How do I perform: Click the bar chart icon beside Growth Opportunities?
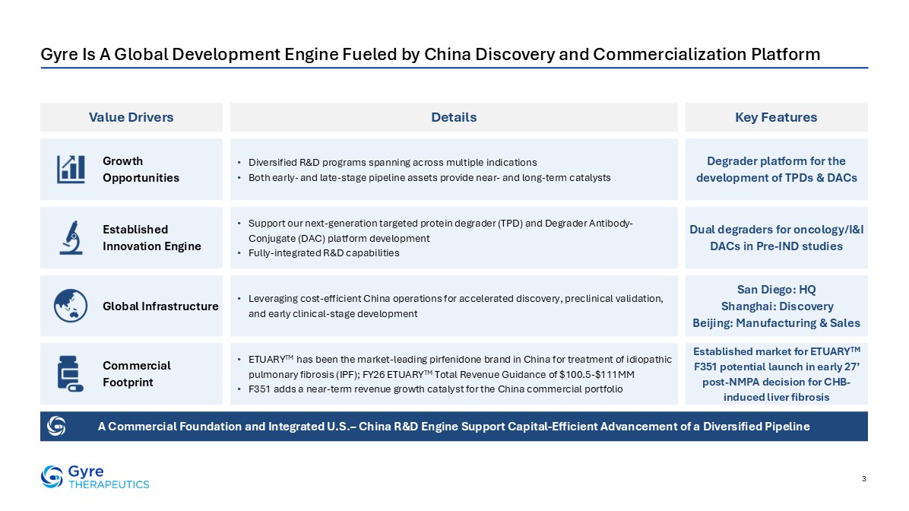[71, 170]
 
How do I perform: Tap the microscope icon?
[71, 238]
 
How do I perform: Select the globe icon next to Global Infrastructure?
[71, 306]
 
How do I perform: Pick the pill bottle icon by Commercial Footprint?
[70, 373]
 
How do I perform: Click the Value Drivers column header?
[131, 117]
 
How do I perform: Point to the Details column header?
[454, 117]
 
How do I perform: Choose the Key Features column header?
[776, 117]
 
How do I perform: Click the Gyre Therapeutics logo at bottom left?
[95, 477]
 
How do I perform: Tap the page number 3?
[864, 478]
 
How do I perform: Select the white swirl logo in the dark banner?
[56, 427]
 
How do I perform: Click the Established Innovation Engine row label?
[152, 238]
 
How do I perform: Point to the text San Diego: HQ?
[776, 290]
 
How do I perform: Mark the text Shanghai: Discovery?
[777, 306]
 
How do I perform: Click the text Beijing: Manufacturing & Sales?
[776, 323]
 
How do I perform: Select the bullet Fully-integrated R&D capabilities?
[324, 253]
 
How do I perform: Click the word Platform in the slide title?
[786, 54]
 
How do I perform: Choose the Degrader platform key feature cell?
[776, 170]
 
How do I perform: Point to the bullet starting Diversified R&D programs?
[392, 163]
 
